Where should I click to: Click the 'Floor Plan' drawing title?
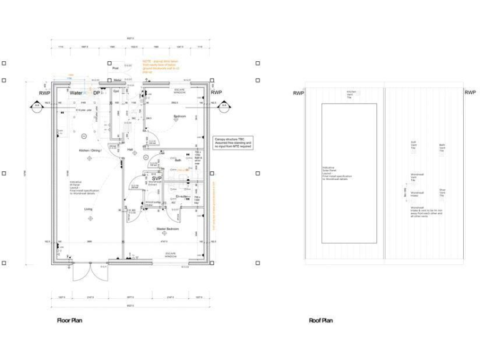point(69,321)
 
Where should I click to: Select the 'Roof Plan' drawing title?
point(321,321)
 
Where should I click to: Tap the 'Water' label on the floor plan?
point(76,93)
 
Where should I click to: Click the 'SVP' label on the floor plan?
point(156,179)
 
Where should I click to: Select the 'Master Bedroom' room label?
point(167,229)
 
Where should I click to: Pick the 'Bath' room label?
point(178,161)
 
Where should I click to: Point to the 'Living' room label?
point(89,209)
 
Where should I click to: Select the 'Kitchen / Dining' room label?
point(89,151)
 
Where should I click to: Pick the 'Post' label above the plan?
point(115,68)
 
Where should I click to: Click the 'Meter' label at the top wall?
point(117,80)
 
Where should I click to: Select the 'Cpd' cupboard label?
point(116,92)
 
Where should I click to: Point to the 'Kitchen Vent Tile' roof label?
point(350,95)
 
